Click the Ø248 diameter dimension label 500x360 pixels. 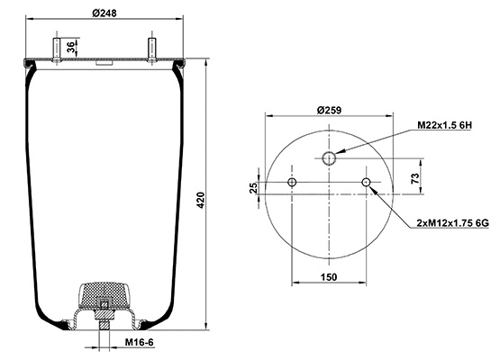point(105,13)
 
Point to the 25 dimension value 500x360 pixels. point(254,187)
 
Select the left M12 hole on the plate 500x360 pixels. point(292,184)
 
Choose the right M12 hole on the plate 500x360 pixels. point(367,184)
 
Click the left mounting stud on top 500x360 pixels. point(56,49)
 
